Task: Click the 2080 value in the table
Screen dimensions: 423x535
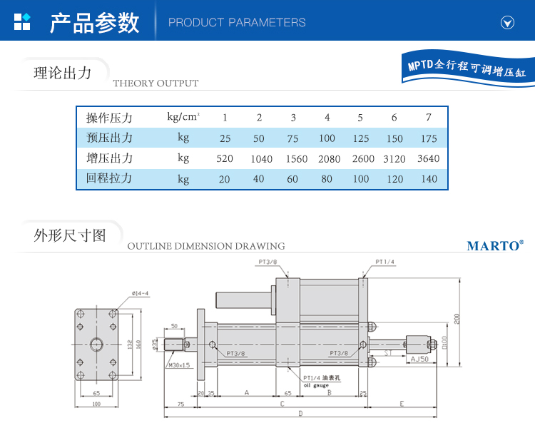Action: pyautogui.click(x=327, y=159)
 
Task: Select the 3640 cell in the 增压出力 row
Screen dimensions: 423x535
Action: pyautogui.click(x=428, y=159)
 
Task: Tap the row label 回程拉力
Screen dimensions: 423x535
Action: pyautogui.click(x=109, y=178)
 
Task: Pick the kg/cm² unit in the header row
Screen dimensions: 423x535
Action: pyautogui.click(x=183, y=117)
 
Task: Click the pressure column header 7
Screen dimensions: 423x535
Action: pyautogui.click(x=428, y=118)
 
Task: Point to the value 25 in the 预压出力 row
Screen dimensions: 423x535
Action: pyautogui.click(x=225, y=138)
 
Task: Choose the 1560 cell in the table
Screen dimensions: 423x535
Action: pyautogui.click(x=293, y=159)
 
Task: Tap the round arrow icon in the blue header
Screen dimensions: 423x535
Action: pyautogui.click(x=507, y=22)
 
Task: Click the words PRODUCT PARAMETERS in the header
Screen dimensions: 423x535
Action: pyautogui.click(x=237, y=23)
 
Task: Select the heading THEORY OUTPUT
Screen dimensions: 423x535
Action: pyautogui.click(x=156, y=83)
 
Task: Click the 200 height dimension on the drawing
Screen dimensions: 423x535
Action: pyautogui.click(x=457, y=318)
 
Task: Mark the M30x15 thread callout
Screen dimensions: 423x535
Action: pyautogui.click(x=179, y=365)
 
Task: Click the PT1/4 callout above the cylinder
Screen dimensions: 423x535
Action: pyautogui.click(x=385, y=262)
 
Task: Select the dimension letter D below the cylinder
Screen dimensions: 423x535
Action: pyautogui.click(x=300, y=414)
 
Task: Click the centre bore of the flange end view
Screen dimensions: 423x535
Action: pyautogui.click(x=96, y=345)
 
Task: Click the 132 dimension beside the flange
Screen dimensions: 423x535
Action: pyautogui.click(x=129, y=345)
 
